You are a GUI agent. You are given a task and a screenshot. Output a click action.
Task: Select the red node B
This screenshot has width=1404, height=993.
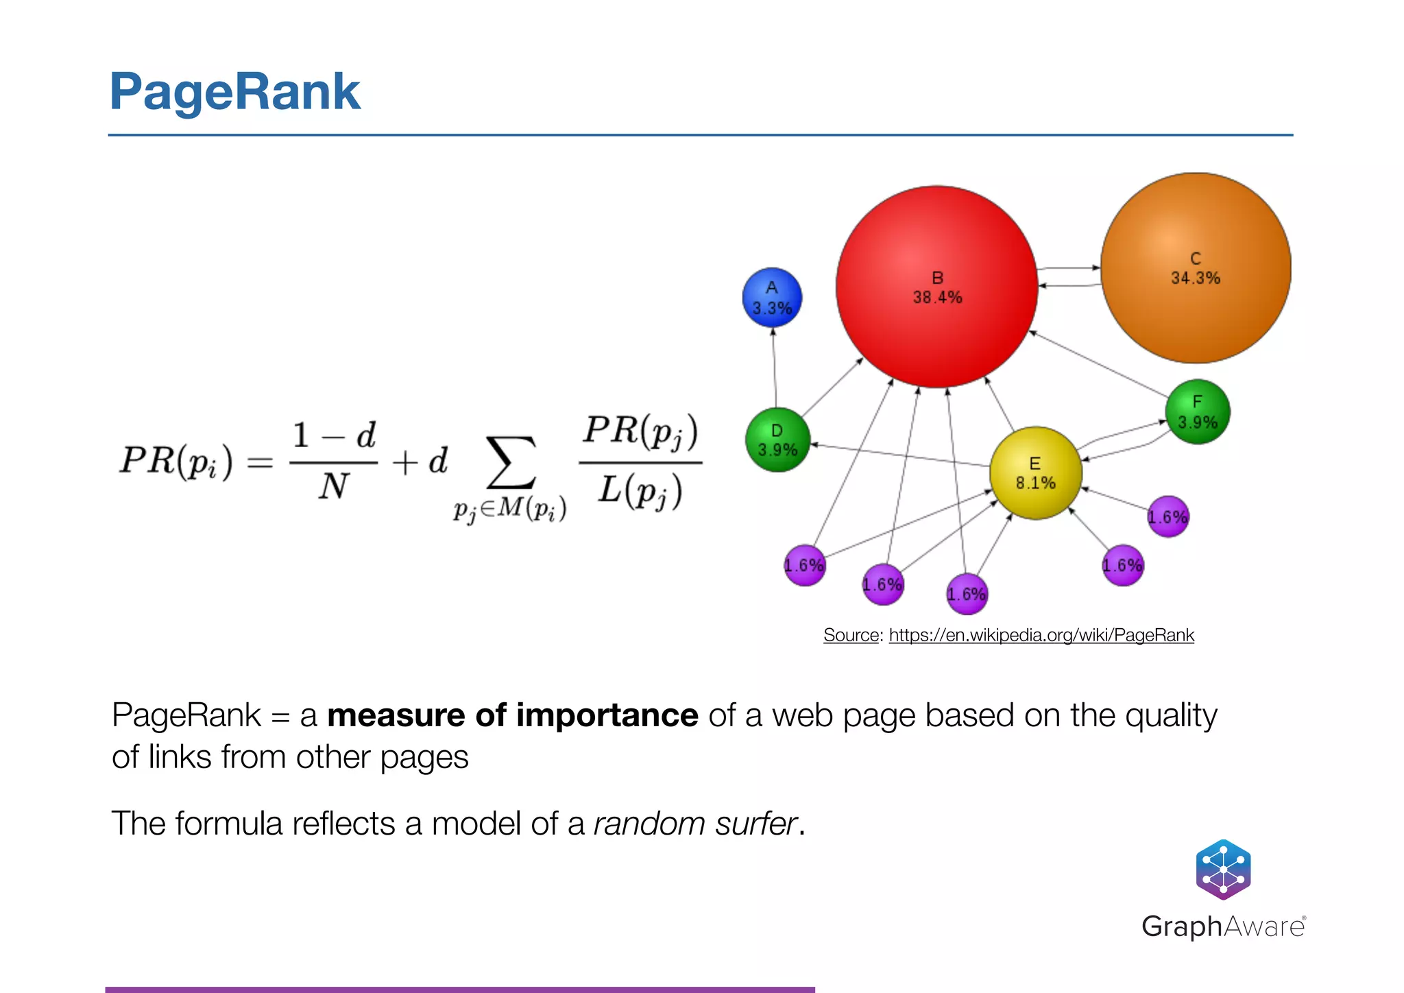pyautogui.click(x=936, y=287)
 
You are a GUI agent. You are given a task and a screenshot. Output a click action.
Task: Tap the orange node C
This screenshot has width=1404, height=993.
pyautogui.click(x=1196, y=268)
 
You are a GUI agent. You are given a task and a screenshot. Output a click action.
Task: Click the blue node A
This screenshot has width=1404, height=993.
pyautogui.click(x=772, y=298)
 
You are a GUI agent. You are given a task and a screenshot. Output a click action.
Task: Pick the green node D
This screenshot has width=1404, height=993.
pyautogui.click(x=777, y=440)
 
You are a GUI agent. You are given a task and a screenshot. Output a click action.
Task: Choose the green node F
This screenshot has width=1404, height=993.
pyautogui.click(x=1197, y=411)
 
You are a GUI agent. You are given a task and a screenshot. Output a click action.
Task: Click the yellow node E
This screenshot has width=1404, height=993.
pyautogui.click(x=1035, y=473)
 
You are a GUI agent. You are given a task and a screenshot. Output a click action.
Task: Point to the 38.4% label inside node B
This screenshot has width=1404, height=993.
pyautogui.click(x=937, y=298)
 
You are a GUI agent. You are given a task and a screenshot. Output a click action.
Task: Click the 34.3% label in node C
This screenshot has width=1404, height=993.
pyautogui.click(x=1196, y=278)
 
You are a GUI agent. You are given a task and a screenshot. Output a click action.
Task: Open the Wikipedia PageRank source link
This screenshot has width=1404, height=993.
pyautogui.click(x=1041, y=635)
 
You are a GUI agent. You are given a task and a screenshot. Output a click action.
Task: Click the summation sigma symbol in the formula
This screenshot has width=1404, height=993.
pyautogui.click(x=510, y=462)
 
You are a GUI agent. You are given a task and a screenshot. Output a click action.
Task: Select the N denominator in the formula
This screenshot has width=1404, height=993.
pyautogui.click(x=334, y=487)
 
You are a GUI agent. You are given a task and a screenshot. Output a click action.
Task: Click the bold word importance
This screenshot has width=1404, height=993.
pyautogui.click(x=607, y=715)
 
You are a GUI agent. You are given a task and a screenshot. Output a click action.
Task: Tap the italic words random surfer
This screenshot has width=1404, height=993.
pyautogui.click(x=695, y=824)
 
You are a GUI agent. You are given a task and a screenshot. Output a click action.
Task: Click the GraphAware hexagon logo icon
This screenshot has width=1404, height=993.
pyautogui.click(x=1223, y=870)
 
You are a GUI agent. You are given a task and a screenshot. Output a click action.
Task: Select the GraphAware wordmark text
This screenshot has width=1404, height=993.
pyautogui.click(x=1223, y=926)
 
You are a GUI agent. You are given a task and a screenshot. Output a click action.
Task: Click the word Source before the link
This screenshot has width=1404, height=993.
pyautogui.click(x=850, y=635)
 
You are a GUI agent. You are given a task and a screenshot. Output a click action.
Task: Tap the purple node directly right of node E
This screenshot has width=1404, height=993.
pyautogui.click(x=1167, y=516)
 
